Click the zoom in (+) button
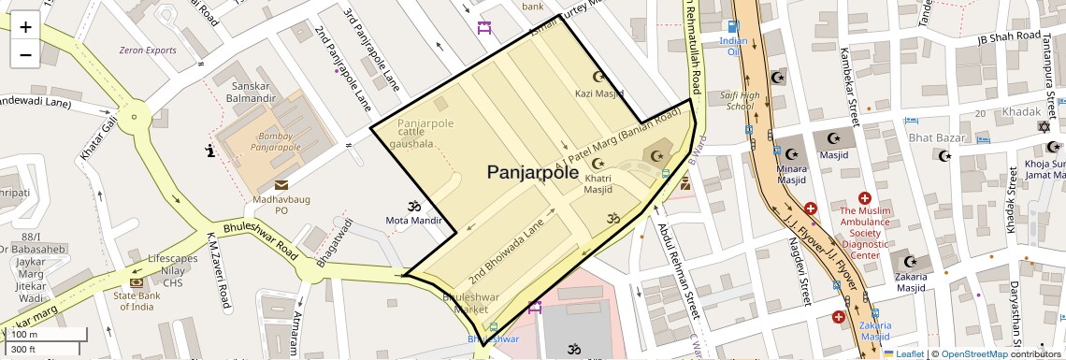point(25,27)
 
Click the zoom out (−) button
point(25,54)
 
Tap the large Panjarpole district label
point(532,172)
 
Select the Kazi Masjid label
point(599,94)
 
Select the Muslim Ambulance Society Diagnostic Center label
point(865,232)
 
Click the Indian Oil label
point(734,46)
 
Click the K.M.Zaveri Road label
point(220,269)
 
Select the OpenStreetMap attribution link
point(973,353)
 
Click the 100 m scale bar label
point(24,335)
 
